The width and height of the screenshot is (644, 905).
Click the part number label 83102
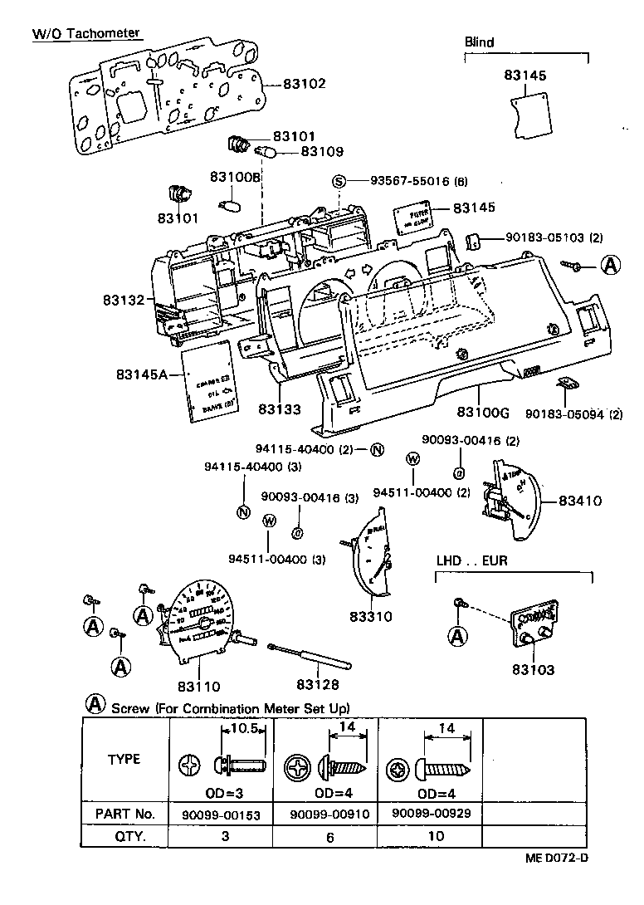click(304, 84)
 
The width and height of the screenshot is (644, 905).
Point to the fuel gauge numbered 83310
click(370, 555)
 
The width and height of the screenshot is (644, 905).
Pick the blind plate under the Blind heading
click(530, 114)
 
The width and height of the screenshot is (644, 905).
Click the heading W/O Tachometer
click(86, 34)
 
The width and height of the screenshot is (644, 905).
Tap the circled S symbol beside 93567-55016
click(338, 182)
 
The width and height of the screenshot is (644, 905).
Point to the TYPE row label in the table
click(124, 760)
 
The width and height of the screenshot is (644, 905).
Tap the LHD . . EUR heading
click(472, 561)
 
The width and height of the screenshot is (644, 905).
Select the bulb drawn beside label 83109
click(266, 151)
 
